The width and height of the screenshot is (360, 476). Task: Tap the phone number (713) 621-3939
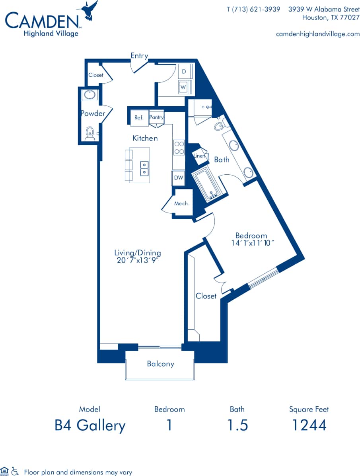click(253, 9)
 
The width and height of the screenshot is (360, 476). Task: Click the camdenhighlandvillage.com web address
click(317, 34)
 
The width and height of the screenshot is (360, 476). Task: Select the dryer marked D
click(184, 72)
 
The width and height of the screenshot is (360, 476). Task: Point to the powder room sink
click(90, 95)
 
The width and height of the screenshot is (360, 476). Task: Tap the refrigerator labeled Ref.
click(139, 118)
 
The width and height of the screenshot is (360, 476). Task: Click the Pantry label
click(156, 117)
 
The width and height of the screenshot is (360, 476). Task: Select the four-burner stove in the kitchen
click(179, 148)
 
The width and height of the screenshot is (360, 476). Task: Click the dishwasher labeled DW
click(179, 178)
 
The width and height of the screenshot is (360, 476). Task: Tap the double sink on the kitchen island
click(144, 168)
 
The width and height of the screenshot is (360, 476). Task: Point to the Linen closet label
click(199, 156)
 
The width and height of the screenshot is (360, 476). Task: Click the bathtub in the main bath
click(209, 185)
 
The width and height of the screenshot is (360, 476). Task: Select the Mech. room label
click(182, 203)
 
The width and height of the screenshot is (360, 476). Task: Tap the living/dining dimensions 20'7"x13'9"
click(137, 260)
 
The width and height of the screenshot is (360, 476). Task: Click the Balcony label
click(160, 364)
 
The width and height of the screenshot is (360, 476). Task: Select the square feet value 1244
click(309, 425)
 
